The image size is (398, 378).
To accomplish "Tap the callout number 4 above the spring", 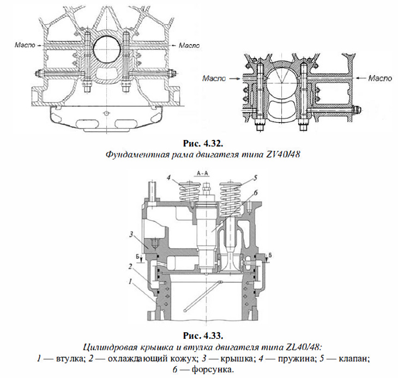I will coord(170,178).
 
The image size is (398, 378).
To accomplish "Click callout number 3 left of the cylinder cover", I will coord(131,234).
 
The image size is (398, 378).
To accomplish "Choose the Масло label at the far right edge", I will coord(379,78).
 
